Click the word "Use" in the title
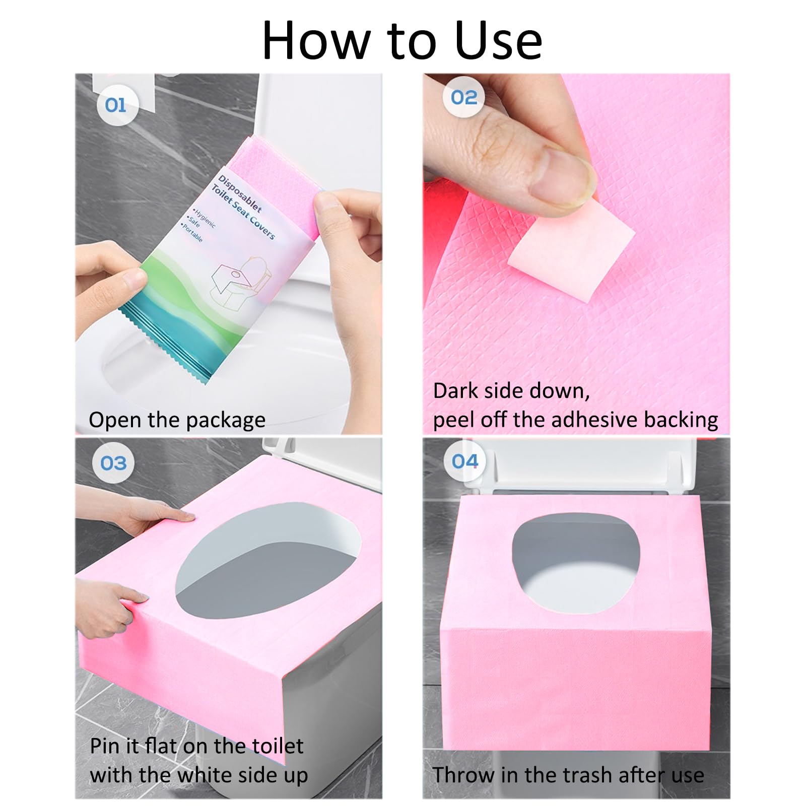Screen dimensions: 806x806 pyautogui.click(x=498, y=40)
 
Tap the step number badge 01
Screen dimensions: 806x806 pyautogui.click(x=116, y=105)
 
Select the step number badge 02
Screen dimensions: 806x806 pyautogui.click(x=463, y=97)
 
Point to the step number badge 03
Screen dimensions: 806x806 pyautogui.click(x=113, y=463)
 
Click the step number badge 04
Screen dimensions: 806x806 pyautogui.click(x=464, y=461)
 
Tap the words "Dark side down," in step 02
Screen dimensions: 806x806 pyautogui.click(x=511, y=391)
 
